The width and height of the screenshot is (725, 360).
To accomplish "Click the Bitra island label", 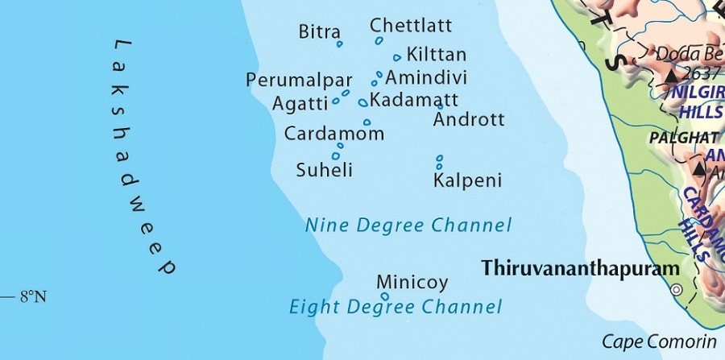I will tap(318, 31).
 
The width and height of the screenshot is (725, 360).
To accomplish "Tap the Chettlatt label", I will tap(411, 25).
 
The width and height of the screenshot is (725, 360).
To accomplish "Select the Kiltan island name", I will tap(437, 55).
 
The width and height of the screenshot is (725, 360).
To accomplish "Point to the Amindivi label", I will tap(426, 77).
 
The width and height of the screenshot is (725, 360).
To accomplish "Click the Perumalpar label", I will tap(300, 81).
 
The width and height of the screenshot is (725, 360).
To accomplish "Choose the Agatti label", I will tap(300, 103).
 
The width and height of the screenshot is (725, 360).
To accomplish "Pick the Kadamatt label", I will tap(413, 100).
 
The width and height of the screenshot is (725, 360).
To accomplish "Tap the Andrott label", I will tap(469, 120).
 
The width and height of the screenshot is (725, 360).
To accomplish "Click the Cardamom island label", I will tap(333, 134).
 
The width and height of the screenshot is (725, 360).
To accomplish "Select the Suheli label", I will tap(325, 170).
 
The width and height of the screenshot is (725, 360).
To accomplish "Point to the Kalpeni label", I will tap(467, 180).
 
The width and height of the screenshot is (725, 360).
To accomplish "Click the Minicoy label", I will tap(412, 283).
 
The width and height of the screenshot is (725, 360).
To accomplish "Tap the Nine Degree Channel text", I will tap(408, 225).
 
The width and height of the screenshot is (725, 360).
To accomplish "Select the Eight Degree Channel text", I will tap(396, 307).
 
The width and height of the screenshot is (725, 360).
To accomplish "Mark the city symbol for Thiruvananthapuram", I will tap(677, 289).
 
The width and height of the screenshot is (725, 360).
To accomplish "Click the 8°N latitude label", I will tap(32, 297).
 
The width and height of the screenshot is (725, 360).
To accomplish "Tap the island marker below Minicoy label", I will tap(384, 296).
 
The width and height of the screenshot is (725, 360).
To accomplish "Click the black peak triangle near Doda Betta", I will tap(671, 75).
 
